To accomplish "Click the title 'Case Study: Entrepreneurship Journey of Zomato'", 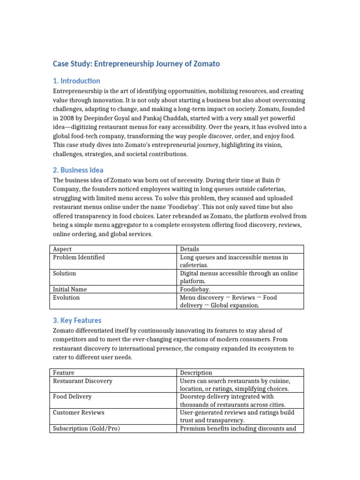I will click(136, 64).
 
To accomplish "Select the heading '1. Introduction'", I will click(76, 81).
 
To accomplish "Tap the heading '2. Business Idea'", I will click(78, 170).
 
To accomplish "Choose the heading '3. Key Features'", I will click(77, 321).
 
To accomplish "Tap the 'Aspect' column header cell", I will click(62, 249).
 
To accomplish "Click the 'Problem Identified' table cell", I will click(79, 257).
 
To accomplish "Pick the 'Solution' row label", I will click(64, 273).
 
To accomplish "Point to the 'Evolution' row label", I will click(66, 298).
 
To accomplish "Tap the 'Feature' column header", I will click(64, 373).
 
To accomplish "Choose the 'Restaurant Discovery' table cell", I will click(82, 381).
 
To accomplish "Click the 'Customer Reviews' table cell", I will click(78, 412).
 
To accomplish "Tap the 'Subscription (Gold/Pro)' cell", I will click(86, 428).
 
